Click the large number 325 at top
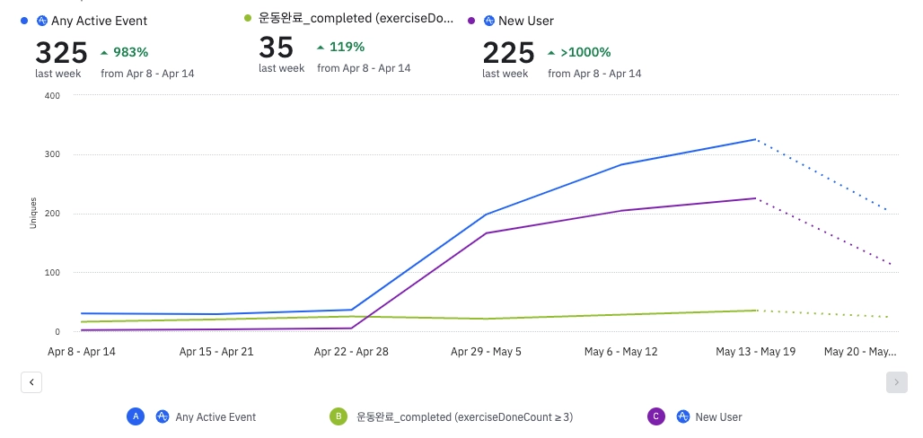pos(61,52)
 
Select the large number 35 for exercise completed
pos(277,48)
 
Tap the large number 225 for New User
pos(508,52)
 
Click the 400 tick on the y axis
pos(51,95)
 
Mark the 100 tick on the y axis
pos(51,272)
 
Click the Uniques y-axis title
pos(33,213)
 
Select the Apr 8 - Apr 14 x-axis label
pos(81,352)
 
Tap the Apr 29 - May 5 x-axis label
pos(486,352)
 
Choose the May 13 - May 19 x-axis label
pos(755,352)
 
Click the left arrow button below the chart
pos(31,382)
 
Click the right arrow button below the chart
pos(896,382)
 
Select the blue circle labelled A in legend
pos(136,416)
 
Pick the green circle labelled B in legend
pos(338,416)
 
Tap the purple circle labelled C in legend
pos(655,416)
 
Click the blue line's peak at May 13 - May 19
pos(756,139)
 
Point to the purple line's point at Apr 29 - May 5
pos(486,233)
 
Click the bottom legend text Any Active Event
pos(215,417)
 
